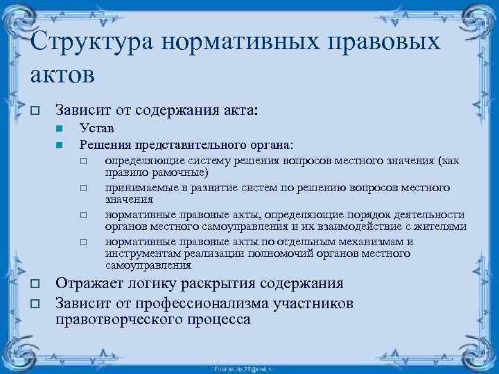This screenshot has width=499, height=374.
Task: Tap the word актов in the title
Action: point(67,71)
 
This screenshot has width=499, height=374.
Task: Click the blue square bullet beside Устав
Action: point(60,129)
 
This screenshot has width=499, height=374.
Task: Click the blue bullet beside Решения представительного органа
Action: point(60,145)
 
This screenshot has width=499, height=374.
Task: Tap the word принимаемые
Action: point(139,188)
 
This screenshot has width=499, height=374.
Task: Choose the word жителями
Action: point(444,226)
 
